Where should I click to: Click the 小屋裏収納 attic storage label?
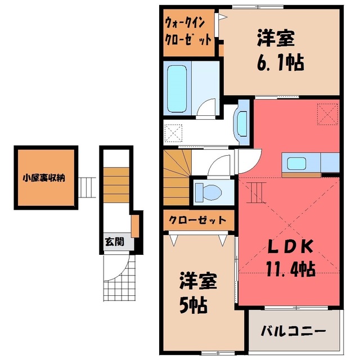click(x=44, y=178)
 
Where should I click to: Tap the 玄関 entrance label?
click(x=115, y=242)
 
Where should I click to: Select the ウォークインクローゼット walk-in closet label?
click(x=188, y=32)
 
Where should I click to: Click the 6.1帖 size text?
click(x=281, y=62)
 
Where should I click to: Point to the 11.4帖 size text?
click(x=290, y=269)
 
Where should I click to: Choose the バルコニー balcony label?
click(x=294, y=331)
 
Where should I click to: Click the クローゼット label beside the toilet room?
click(x=197, y=220)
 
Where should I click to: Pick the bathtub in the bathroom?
click(x=177, y=89)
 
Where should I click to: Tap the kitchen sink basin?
click(x=297, y=164)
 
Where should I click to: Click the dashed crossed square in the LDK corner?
click(x=327, y=114)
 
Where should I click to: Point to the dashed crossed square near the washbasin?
click(x=173, y=133)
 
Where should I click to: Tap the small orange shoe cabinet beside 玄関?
click(x=135, y=226)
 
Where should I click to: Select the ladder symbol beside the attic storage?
click(x=87, y=187)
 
